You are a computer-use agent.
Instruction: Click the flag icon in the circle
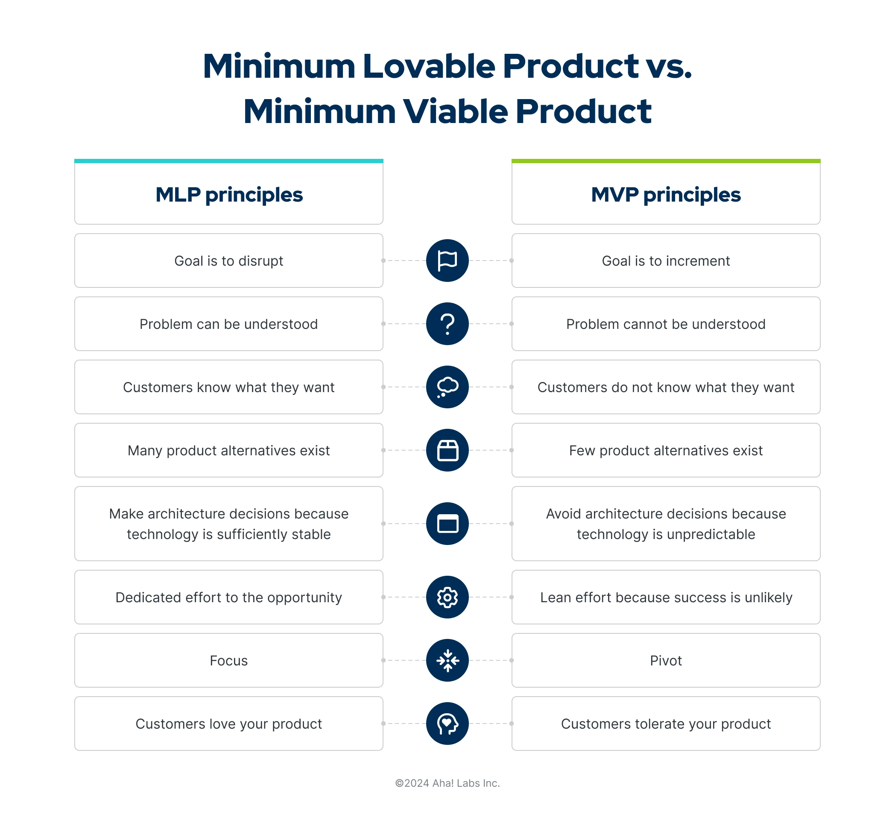coord(447,261)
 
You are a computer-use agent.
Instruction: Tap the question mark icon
coord(447,324)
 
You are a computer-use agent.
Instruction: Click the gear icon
coord(447,598)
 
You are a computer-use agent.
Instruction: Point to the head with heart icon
coord(447,724)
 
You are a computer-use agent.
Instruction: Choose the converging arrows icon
coord(447,660)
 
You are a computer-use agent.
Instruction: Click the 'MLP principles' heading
coord(229,195)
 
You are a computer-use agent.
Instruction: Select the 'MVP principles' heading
coord(665,195)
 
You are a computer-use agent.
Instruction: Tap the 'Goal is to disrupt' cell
coord(229,261)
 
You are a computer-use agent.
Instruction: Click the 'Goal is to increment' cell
coord(665,261)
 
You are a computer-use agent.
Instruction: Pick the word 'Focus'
coord(229,660)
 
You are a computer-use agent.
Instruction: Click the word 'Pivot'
coord(665,660)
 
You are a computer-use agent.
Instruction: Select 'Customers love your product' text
coord(229,724)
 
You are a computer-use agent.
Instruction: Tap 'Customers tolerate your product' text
coord(665,724)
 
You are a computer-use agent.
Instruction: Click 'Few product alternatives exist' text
coord(665,451)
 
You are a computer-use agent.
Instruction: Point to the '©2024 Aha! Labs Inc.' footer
coord(447,783)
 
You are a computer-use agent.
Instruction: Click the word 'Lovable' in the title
coord(429,66)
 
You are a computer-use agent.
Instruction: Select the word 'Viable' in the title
coord(455,111)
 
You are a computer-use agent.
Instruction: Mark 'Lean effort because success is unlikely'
coord(665,598)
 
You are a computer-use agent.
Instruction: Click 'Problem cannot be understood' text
coord(665,324)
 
